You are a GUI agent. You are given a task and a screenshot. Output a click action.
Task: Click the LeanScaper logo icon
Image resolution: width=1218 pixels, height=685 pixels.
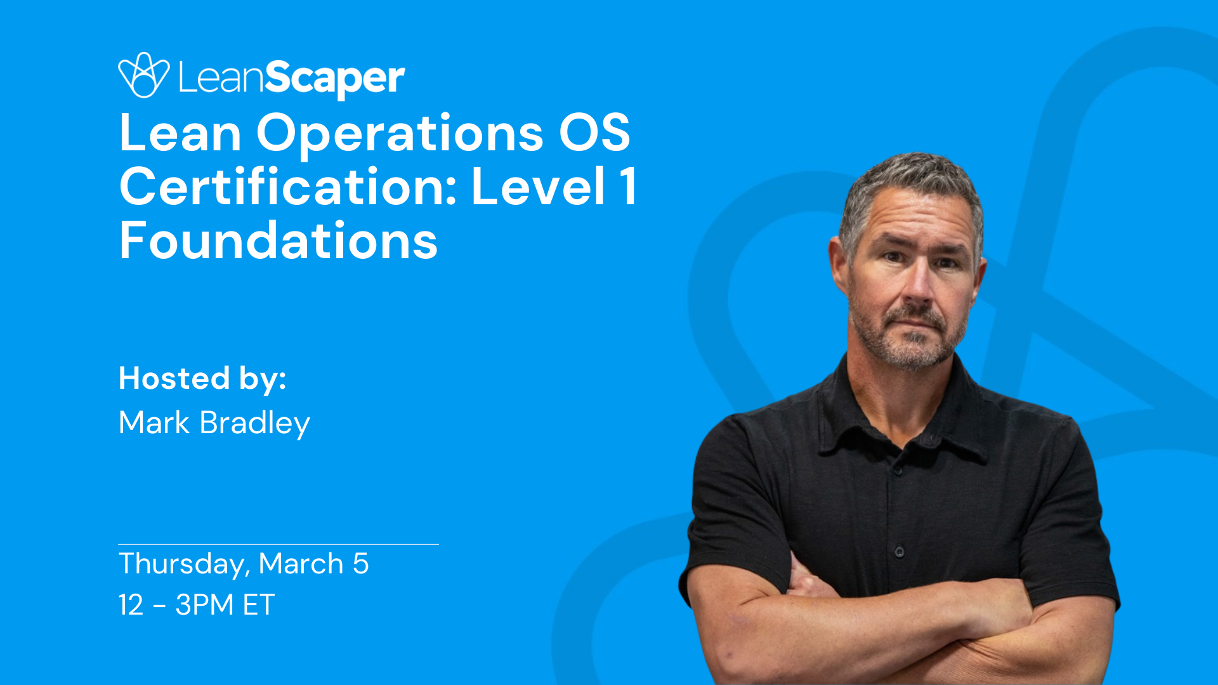point(143,75)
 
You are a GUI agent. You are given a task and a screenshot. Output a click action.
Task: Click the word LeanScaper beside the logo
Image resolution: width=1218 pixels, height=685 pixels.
point(291,77)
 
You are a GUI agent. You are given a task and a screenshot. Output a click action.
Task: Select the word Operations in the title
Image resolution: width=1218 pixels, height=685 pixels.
point(400,133)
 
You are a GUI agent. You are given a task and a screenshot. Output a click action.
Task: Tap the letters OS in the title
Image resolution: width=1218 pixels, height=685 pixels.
point(594,133)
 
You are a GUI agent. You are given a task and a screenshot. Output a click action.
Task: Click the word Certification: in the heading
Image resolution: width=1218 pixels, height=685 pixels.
point(288,187)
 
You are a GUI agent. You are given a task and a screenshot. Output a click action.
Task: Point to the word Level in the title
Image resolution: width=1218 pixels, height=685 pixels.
point(538,187)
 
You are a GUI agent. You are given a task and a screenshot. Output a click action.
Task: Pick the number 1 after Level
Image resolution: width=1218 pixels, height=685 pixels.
point(628,187)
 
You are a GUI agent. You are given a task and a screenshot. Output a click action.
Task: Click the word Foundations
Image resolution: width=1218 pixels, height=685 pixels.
point(278,241)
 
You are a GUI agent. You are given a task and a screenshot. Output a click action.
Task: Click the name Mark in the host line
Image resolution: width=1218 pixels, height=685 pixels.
point(154,422)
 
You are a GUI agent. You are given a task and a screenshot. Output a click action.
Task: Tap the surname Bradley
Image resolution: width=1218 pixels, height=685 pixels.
point(254,424)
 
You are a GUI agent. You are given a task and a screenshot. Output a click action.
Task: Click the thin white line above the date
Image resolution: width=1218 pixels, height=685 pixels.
point(278,544)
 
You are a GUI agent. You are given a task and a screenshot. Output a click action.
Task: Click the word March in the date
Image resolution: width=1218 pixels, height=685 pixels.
point(301,563)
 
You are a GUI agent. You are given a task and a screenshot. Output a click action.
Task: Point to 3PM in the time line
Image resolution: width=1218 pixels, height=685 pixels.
point(204,604)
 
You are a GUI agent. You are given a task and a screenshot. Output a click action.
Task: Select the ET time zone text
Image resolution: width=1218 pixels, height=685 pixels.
point(259,604)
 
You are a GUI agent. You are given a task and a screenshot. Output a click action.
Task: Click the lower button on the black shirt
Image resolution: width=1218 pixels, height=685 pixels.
point(900,552)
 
